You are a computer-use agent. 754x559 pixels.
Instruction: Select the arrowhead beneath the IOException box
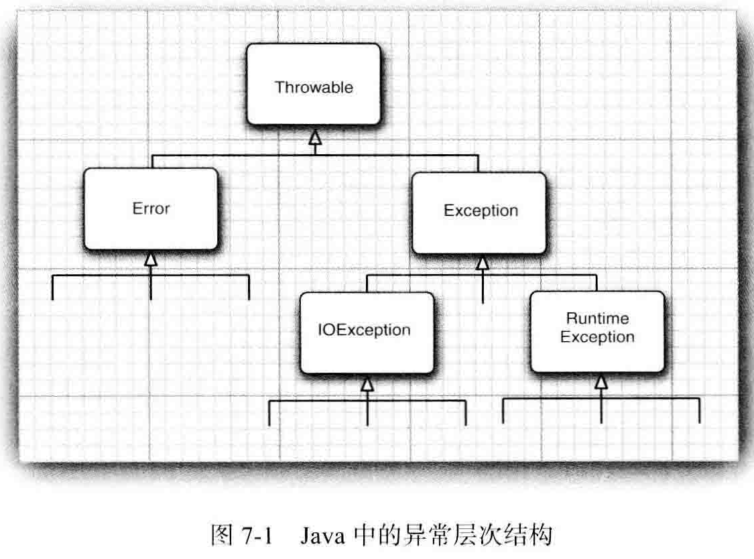tap(367, 383)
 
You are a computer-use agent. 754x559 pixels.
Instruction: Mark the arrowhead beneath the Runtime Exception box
tap(601, 382)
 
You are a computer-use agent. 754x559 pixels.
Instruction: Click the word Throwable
tap(314, 87)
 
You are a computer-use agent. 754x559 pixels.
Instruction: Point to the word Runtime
tap(597, 318)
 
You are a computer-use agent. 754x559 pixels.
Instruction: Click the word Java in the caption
tap(324, 536)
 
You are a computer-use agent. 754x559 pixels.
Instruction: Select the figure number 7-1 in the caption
tap(255, 536)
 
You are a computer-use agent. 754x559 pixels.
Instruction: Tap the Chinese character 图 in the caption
tap(221, 536)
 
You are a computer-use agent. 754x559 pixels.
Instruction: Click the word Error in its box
tap(151, 208)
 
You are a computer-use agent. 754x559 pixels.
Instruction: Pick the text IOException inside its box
tap(364, 330)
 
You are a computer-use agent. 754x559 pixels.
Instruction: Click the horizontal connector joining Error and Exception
tap(235, 155)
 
